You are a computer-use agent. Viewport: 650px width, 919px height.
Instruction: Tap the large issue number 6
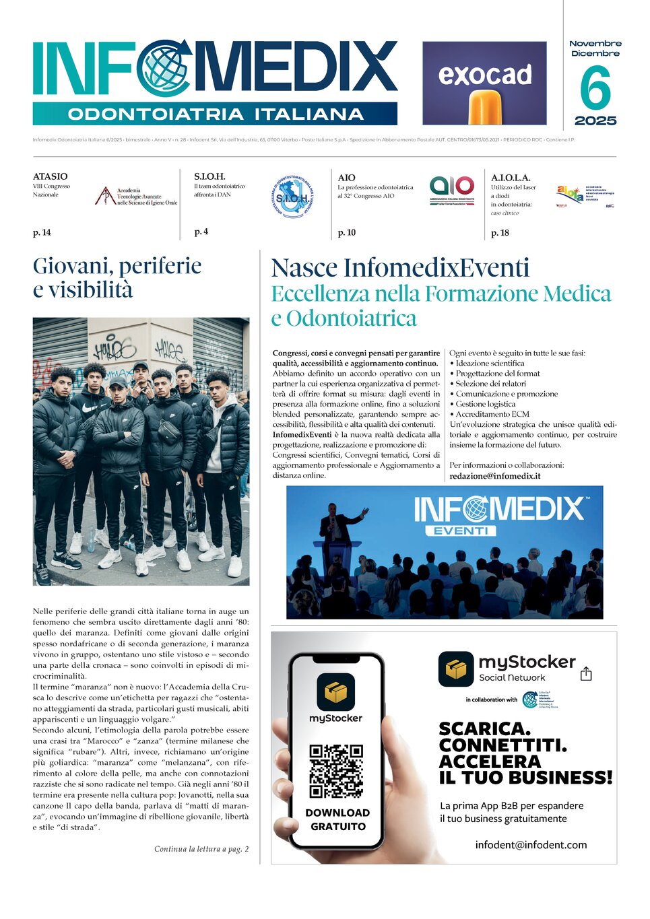click(595, 88)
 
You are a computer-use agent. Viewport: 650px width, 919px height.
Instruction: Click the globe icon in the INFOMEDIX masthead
click(163, 68)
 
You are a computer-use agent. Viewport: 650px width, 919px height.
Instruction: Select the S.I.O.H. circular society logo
click(292, 197)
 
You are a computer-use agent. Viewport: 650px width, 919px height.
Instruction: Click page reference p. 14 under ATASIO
click(42, 233)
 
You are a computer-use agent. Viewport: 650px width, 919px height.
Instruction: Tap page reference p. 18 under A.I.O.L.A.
click(500, 233)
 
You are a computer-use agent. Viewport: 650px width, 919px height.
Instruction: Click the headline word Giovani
click(71, 266)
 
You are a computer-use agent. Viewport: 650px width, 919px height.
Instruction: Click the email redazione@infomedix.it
click(494, 476)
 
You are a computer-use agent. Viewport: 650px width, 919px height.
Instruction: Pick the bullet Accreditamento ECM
click(492, 414)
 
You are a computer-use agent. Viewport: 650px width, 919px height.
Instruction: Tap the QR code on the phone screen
click(336, 770)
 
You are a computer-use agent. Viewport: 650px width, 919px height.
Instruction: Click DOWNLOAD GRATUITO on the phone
click(337, 819)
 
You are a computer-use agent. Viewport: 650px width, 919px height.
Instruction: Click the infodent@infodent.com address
click(531, 845)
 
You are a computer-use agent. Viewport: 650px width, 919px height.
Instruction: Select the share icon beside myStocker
click(586, 674)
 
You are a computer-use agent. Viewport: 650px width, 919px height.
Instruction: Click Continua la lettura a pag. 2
click(201, 849)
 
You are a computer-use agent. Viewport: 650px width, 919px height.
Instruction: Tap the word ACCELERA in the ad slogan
click(489, 761)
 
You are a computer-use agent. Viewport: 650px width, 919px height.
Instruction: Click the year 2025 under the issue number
click(595, 121)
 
